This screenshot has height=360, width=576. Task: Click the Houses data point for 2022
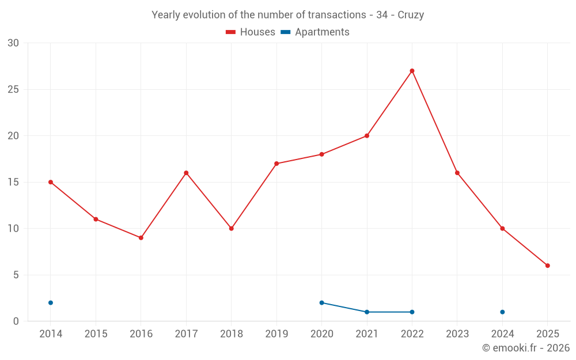412,71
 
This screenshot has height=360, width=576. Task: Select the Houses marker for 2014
51,182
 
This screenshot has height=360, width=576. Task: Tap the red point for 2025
548,266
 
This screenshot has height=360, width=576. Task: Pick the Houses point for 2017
186,173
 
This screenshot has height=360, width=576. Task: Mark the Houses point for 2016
141,238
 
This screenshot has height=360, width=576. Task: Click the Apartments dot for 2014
51,302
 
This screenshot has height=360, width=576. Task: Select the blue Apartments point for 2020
321,302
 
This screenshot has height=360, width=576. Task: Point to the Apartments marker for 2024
502,312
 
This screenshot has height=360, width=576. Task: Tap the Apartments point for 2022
412,312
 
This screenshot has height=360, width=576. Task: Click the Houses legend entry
251,32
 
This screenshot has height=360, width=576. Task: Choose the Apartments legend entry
315,32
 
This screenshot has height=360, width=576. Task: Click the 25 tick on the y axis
13,89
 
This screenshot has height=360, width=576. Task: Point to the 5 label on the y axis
16,275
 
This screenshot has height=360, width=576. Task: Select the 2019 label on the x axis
276,334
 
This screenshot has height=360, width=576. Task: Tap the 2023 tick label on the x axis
457,334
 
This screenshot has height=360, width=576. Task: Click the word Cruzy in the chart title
411,15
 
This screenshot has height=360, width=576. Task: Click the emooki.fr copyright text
525,348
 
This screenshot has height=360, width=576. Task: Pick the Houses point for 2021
367,136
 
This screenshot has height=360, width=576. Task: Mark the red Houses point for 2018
231,229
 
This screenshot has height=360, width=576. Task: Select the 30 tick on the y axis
13,43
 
